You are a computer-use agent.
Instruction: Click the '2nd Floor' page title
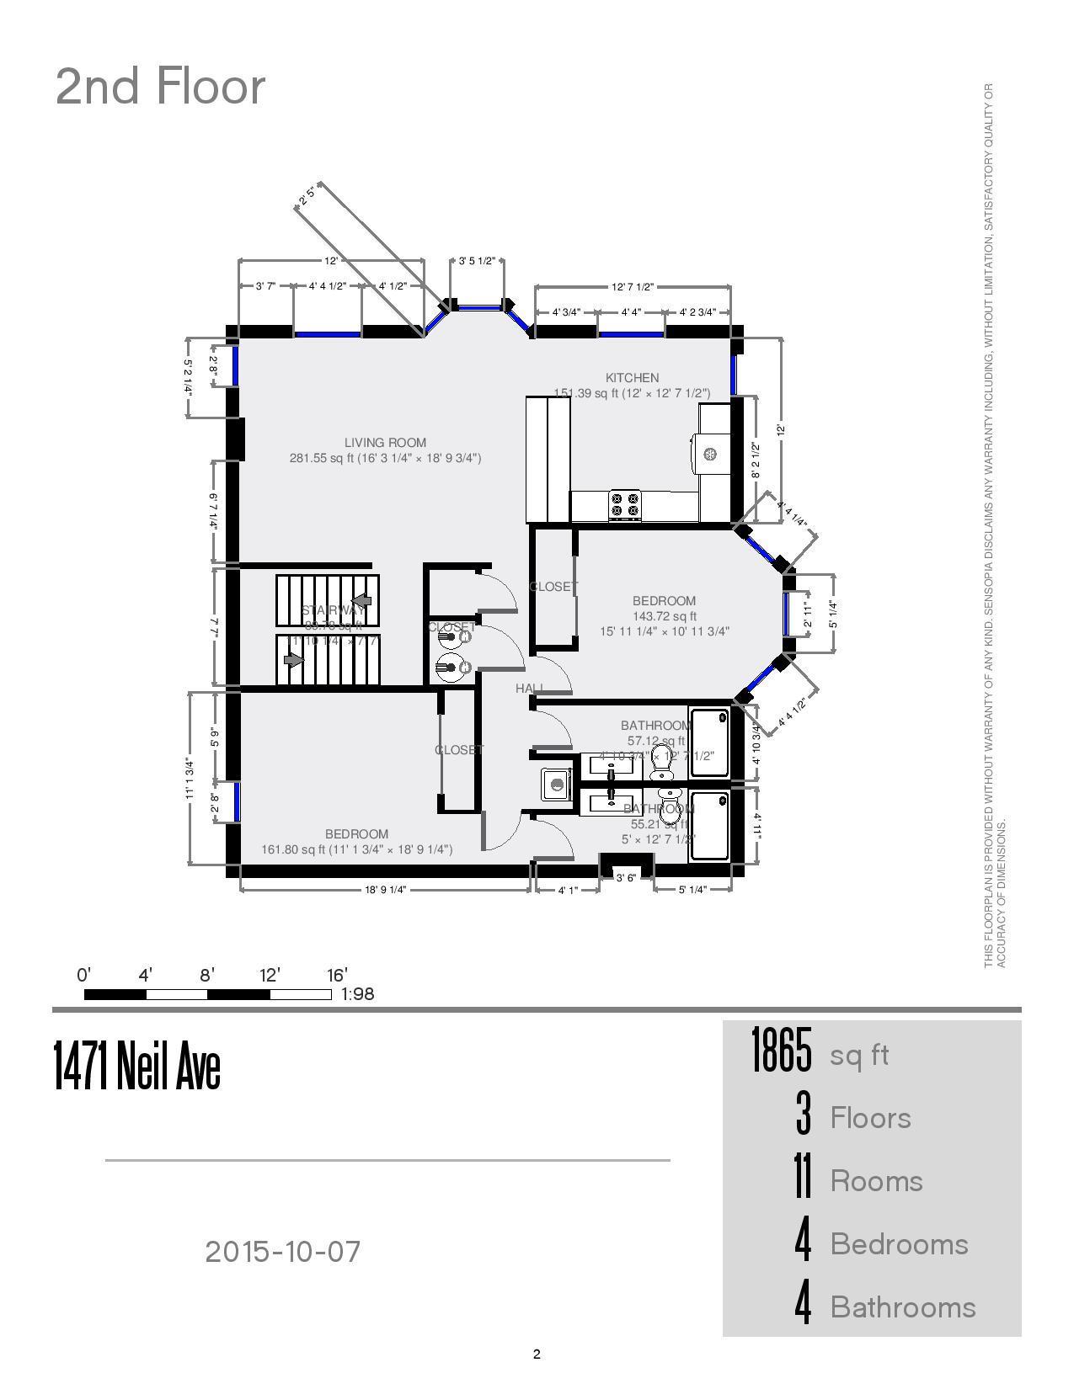(160, 86)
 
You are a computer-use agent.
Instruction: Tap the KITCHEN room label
(632, 378)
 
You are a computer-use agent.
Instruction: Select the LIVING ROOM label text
(385, 443)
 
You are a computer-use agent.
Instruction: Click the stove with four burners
(625, 504)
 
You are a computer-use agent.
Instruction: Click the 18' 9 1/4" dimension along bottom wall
(385, 890)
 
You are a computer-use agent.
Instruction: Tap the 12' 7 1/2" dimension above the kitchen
(632, 287)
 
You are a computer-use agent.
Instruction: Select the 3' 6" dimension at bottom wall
(626, 878)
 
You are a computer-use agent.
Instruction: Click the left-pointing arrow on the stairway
(361, 600)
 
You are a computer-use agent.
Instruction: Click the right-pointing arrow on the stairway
(293, 660)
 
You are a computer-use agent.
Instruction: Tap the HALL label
(529, 689)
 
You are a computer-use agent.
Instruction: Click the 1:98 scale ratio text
(357, 994)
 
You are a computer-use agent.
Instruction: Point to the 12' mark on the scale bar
(270, 976)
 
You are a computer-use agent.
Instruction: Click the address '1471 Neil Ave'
(137, 1067)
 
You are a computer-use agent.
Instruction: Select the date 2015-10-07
(283, 1252)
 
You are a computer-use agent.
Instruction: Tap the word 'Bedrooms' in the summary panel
(899, 1244)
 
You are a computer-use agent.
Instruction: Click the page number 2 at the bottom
(537, 1354)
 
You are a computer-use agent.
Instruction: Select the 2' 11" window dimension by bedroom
(808, 614)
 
